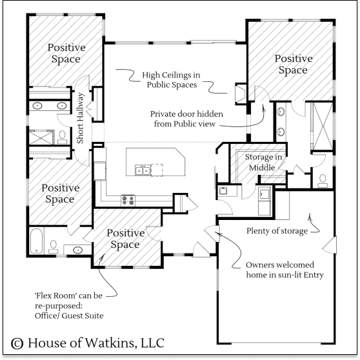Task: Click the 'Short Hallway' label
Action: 80,118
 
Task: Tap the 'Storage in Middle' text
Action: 263,163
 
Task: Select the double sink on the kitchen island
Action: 143,170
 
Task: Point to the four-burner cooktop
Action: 128,201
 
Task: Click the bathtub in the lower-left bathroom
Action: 36,241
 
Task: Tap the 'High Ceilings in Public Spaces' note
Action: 171,79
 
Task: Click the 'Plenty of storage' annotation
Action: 277,231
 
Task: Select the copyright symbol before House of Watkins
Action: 17,343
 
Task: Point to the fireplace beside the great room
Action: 241,94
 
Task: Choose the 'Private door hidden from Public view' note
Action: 186,119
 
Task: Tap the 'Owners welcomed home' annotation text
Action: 285,270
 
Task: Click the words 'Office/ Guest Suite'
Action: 69,315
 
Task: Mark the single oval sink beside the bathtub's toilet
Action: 77,250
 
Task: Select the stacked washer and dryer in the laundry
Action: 265,201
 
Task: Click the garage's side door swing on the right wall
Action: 329,245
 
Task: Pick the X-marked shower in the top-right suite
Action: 323,126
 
